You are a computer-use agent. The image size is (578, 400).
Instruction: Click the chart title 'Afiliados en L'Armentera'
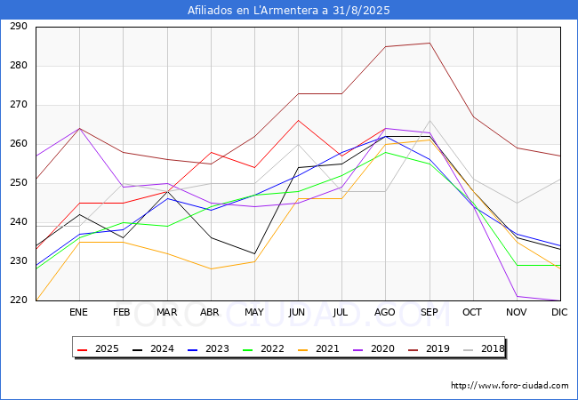(x=288, y=11)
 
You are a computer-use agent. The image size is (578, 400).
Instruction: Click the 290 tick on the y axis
(x=18, y=27)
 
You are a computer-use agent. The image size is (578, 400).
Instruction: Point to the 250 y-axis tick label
(x=18, y=183)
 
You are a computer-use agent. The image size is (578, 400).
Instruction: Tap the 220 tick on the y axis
(x=18, y=300)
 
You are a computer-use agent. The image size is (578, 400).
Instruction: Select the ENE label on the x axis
(x=79, y=313)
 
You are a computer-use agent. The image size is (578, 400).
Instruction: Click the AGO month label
(x=385, y=313)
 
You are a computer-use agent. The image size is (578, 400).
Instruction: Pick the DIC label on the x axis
(x=559, y=313)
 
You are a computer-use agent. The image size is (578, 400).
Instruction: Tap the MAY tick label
(x=254, y=313)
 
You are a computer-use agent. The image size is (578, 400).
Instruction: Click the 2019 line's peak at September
(x=429, y=43)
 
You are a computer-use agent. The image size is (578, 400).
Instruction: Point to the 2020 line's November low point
(x=517, y=296)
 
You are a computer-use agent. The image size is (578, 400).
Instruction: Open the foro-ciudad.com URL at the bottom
(x=510, y=386)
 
